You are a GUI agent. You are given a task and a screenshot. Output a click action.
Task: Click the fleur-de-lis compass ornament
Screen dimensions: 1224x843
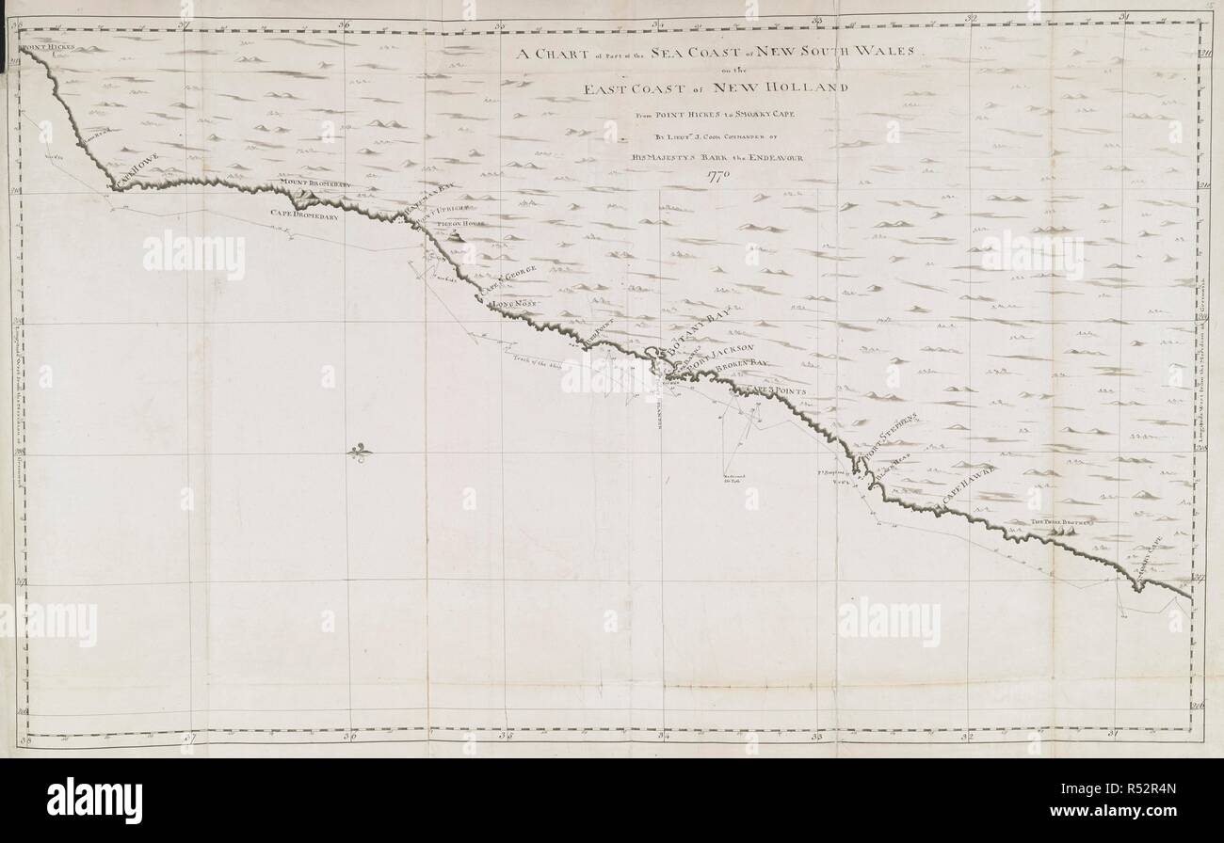point(359,453)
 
